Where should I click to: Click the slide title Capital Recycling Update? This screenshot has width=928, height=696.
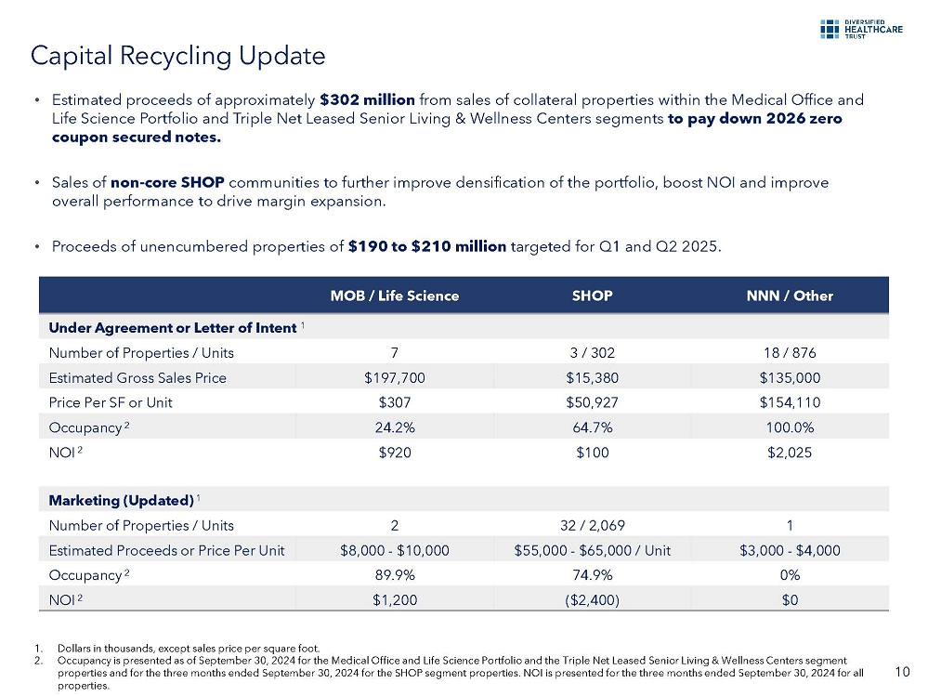(x=177, y=56)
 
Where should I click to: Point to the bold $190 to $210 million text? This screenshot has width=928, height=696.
(x=427, y=246)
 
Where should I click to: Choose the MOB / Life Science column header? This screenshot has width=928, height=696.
(x=395, y=295)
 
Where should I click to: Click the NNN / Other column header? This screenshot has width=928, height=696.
(x=790, y=295)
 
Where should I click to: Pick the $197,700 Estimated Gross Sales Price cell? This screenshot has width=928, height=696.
(x=395, y=377)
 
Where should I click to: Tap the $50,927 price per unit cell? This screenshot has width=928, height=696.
(x=592, y=402)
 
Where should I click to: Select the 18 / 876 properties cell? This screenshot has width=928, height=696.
(x=790, y=352)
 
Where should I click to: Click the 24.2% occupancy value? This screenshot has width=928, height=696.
(x=395, y=427)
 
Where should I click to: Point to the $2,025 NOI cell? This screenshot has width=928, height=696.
(x=790, y=452)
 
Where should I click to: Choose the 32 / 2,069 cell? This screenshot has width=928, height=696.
(x=592, y=525)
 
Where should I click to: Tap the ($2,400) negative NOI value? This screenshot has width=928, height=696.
(x=592, y=599)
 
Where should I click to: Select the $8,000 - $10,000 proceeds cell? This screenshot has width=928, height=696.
(x=395, y=550)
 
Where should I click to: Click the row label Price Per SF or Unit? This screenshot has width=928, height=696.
(x=111, y=402)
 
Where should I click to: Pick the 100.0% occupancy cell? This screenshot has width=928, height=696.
(x=790, y=427)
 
